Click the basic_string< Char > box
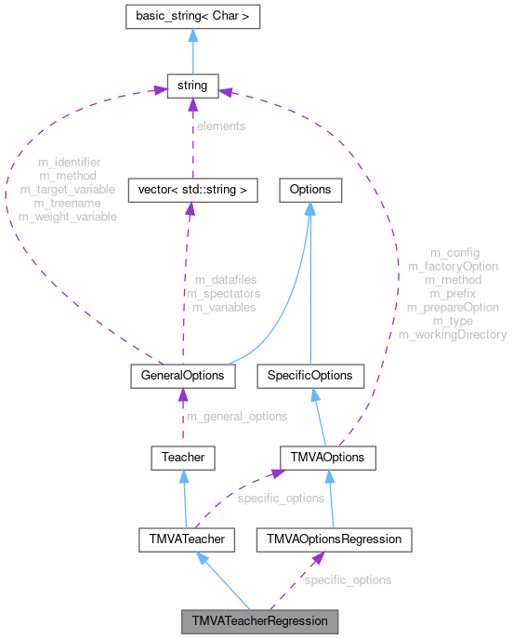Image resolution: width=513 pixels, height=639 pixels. (x=191, y=16)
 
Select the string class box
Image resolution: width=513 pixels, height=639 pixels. (x=191, y=87)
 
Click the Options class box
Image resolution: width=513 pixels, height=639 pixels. (x=309, y=190)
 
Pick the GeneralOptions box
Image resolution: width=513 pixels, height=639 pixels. (x=180, y=376)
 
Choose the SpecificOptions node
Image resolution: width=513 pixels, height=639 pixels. (x=309, y=376)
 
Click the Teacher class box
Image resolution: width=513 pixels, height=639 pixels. (x=182, y=458)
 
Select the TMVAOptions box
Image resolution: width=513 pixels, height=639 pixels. (x=328, y=458)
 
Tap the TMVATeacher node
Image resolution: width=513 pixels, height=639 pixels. (x=182, y=539)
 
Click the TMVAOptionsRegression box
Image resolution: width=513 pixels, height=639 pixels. (x=334, y=539)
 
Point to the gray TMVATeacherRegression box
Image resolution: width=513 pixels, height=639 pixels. (x=259, y=619)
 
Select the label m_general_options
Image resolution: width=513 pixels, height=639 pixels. (x=237, y=417)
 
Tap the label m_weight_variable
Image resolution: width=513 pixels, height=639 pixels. (x=68, y=216)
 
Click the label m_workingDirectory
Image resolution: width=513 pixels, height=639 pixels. (x=453, y=334)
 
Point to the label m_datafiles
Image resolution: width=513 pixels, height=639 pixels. (x=226, y=279)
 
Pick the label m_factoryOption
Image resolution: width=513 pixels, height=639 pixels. (x=453, y=266)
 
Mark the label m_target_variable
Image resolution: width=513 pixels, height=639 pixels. (x=68, y=189)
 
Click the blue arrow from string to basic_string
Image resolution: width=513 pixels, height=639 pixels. (x=191, y=51)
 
